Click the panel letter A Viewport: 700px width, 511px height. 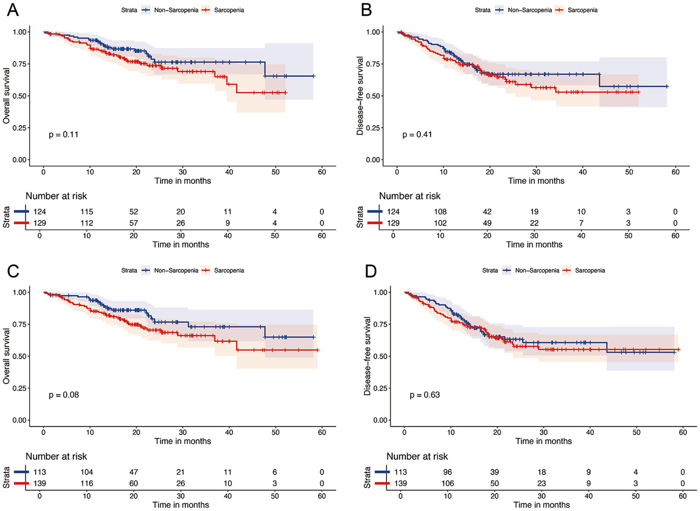click(13, 10)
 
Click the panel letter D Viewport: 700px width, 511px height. click(370, 271)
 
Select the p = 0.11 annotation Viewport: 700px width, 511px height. click(63, 134)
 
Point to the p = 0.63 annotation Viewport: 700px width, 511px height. click(425, 395)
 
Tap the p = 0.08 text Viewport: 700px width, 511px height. click(63, 395)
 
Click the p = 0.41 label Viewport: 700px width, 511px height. click(417, 134)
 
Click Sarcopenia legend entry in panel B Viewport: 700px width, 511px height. click(582, 10)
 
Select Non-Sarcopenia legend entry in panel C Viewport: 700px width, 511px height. click(176, 270)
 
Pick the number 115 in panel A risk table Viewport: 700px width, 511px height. click(87, 212)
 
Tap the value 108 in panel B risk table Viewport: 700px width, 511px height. click(440, 212)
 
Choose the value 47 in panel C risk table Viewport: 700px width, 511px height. click(134, 472)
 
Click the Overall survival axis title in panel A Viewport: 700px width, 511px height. click(6, 96)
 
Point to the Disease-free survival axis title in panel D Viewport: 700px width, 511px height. click(368, 356)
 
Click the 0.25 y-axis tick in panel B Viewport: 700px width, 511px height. click(373, 128)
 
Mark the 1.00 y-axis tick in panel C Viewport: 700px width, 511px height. click(20, 292)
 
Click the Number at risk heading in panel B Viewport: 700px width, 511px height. click(410, 196)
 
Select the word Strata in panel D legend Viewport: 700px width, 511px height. click(490, 270)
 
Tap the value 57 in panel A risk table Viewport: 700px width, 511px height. click(134, 223)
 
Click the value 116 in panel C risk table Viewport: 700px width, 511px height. click(87, 483)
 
